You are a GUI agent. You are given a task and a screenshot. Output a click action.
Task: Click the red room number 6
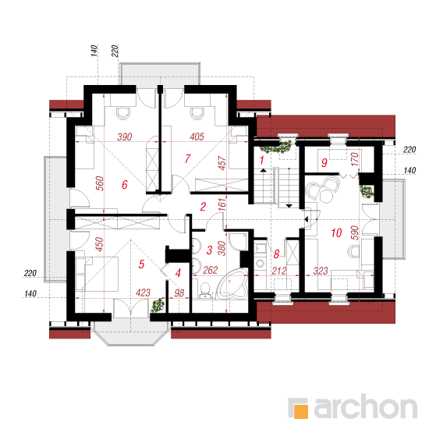125,184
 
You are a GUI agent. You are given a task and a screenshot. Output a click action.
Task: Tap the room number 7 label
187,158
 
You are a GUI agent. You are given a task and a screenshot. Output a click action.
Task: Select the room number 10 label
336,233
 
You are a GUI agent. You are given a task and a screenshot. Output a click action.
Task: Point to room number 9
324,163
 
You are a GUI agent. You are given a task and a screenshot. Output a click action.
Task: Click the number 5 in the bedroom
141,264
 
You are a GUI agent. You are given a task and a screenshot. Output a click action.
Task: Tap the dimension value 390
125,136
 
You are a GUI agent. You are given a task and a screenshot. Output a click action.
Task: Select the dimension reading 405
197,136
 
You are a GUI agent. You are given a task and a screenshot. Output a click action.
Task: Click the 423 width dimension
143,292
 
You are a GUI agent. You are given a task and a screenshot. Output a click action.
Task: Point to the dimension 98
179,293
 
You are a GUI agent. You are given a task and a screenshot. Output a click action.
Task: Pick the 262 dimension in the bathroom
210,271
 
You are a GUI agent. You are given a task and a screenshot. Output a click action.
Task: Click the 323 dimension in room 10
321,271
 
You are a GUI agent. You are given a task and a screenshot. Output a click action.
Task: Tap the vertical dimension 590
355,232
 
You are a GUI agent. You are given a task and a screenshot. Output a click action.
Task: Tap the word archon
366,407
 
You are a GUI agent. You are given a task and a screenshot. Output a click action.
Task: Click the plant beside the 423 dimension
158,305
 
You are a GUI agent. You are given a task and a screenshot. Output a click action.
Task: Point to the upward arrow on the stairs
263,171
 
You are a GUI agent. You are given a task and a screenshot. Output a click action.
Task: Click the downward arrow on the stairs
289,206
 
